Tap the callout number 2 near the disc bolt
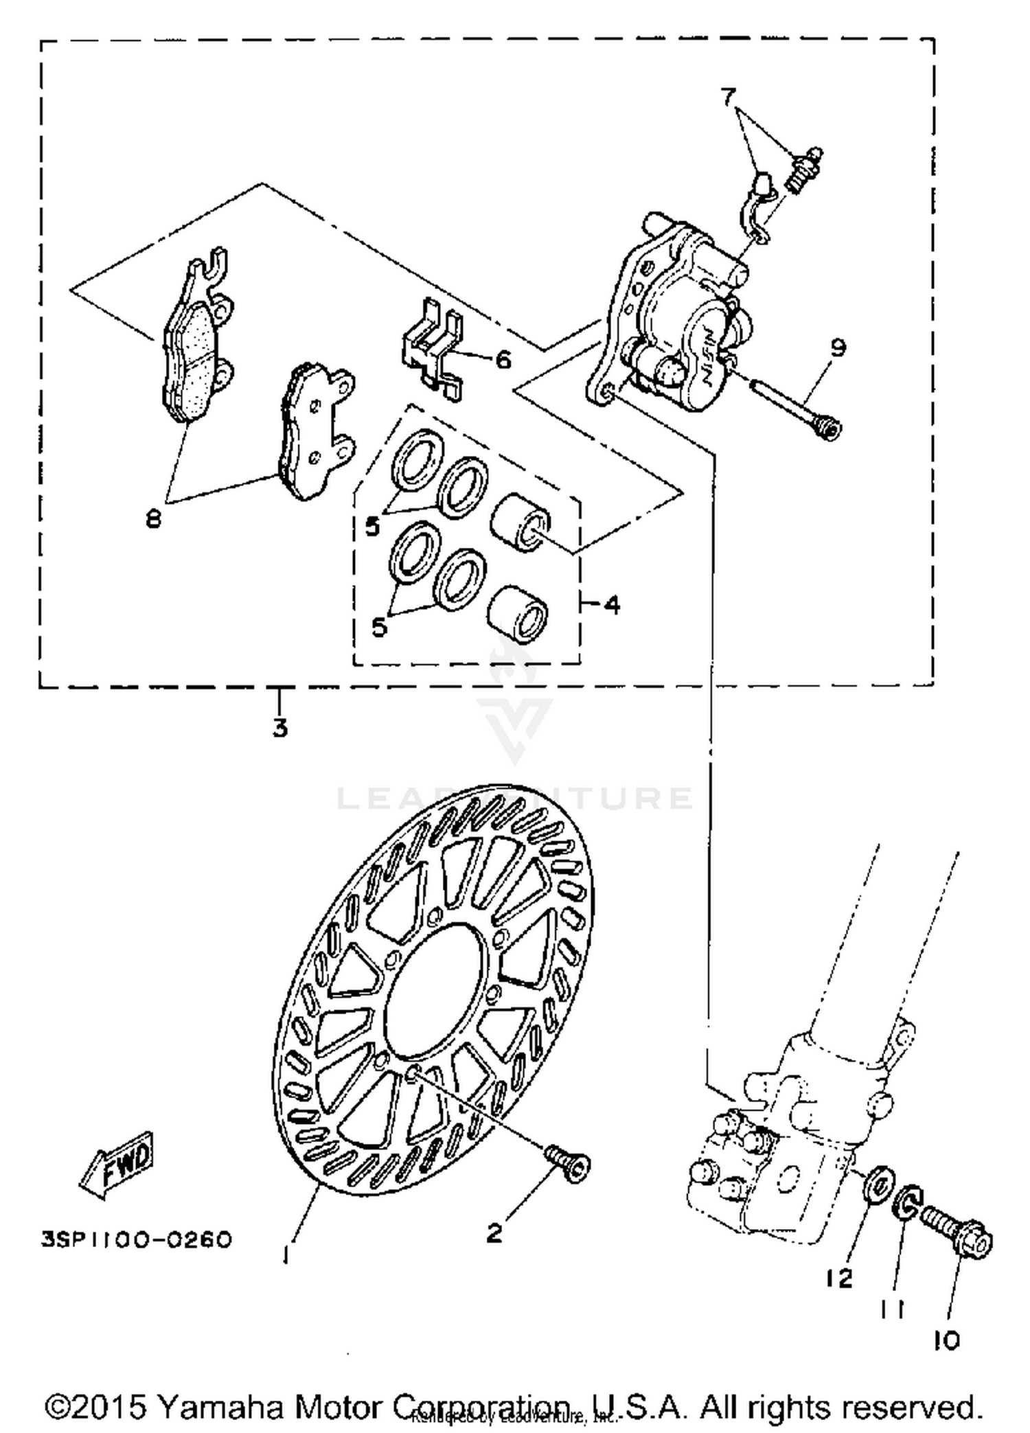coord(494,1233)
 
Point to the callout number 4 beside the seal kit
coord(612,604)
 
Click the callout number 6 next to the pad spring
coord(503,358)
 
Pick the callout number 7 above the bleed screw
coord(729,97)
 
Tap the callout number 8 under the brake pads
coord(153,519)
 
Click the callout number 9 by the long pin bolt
coord(838,347)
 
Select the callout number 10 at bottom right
coord(946,1340)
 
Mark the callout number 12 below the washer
coord(838,1278)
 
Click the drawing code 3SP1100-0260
coord(137,1239)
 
